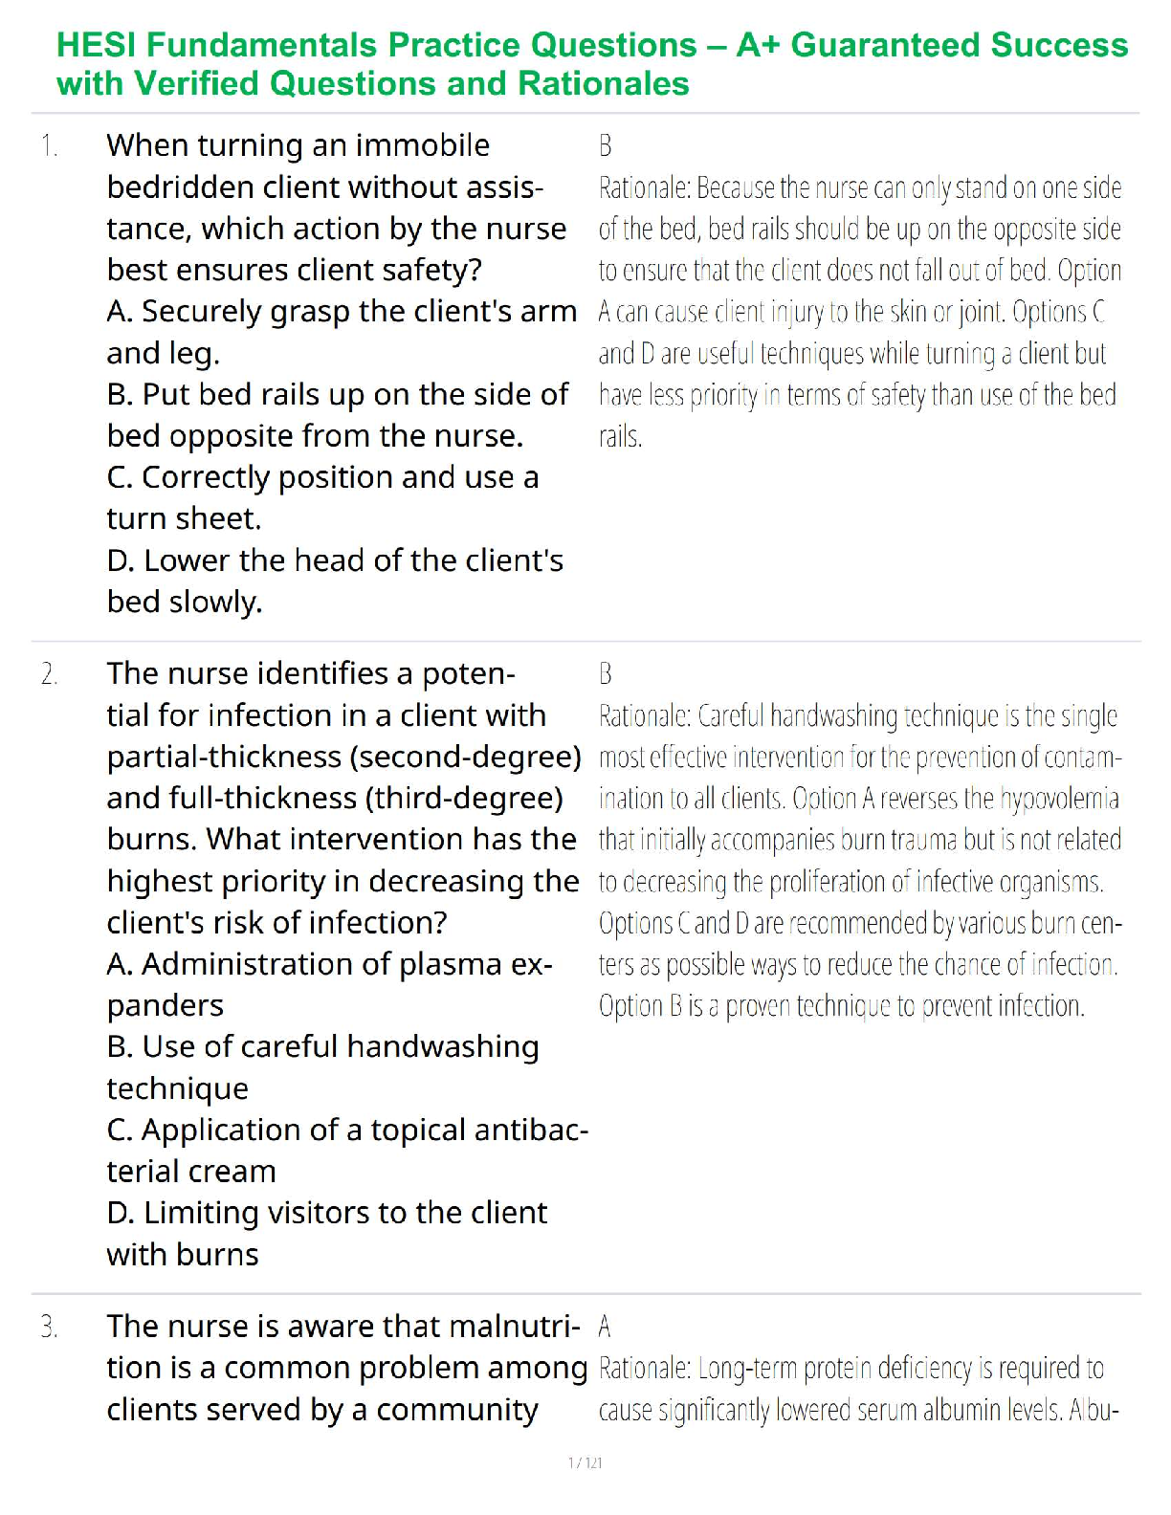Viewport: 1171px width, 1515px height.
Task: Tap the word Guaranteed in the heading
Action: pos(885,45)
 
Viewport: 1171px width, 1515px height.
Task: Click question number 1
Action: pos(49,146)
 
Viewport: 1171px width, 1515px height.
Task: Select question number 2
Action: pos(49,674)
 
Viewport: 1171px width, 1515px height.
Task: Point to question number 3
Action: pos(49,1328)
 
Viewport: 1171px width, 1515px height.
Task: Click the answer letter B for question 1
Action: pos(605,146)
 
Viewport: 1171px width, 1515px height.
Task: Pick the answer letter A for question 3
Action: pos(605,1327)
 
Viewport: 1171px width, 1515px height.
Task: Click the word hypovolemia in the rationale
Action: pos(1058,799)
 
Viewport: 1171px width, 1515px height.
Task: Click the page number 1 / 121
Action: pos(585,1462)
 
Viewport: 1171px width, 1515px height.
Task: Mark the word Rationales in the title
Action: pos(604,84)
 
